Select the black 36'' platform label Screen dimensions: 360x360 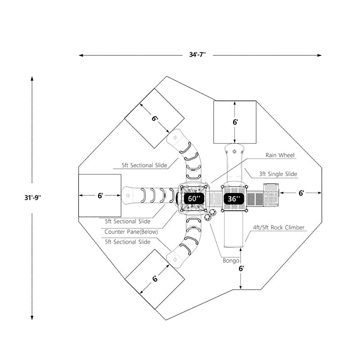(x=234, y=198)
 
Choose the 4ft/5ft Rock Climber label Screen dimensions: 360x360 (x=279, y=228)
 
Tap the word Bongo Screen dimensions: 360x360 (x=230, y=261)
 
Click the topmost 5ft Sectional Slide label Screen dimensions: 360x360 (x=144, y=165)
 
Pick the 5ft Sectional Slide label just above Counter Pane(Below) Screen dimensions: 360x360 (x=127, y=221)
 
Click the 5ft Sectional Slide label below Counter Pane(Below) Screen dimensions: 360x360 (x=127, y=242)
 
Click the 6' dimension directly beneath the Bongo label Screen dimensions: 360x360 (x=241, y=269)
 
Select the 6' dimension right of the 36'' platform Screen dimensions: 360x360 (x=301, y=193)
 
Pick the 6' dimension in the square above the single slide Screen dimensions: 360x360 (x=235, y=122)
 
